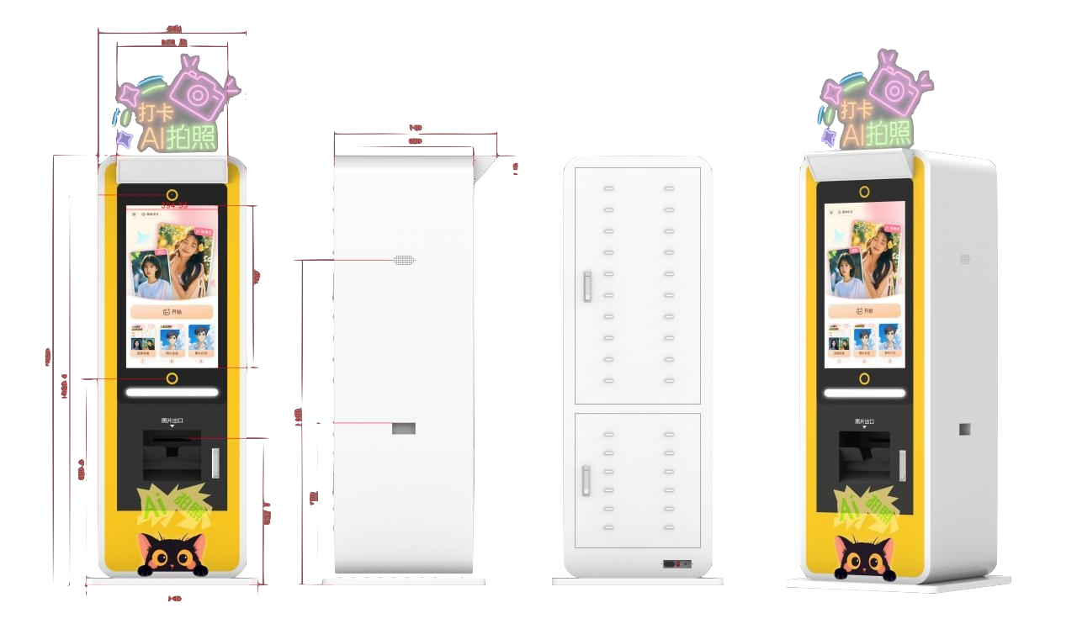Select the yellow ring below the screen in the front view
[x=172, y=378]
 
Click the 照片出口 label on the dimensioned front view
[x=172, y=420]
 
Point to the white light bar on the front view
[x=172, y=392]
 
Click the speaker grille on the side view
[x=404, y=261]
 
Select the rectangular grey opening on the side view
[x=404, y=429]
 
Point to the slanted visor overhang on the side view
[x=484, y=168]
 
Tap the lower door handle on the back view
[x=586, y=479]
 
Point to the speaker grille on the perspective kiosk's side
[x=965, y=259]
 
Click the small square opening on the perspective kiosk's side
[x=965, y=429]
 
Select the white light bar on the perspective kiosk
[x=864, y=393]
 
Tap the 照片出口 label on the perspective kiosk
[x=865, y=420]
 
